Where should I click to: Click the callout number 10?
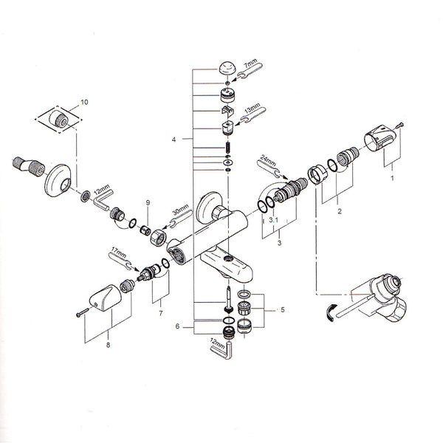pyautogui.click(x=84, y=102)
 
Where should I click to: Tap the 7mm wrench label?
pyautogui.click(x=250, y=63)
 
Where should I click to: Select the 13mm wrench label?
pyautogui.click(x=253, y=109)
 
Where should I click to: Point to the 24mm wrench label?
pyautogui.click(x=267, y=160)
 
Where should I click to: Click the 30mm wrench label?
pyautogui.click(x=180, y=210)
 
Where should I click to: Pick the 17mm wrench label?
pyautogui.click(x=119, y=252)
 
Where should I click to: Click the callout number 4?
pyautogui.click(x=174, y=140)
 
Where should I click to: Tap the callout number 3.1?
pyautogui.click(x=273, y=220)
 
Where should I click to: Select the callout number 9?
pyautogui.click(x=148, y=202)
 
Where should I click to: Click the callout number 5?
pyautogui.click(x=283, y=310)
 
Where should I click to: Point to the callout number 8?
pyautogui.click(x=108, y=345)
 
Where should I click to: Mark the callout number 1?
pyautogui.click(x=392, y=178)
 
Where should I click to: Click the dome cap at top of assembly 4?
pyautogui.click(x=227, y=69)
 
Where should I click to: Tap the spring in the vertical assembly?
pyautogui.click(x=228, y=147)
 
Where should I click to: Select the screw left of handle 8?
pyautogui.click(x=82, y=312)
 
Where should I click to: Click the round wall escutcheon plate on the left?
pyautogui.click(x=58, y=180)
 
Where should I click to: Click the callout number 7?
pyautogui.click(x=161, y=313)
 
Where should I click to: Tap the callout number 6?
pyautogui.click(x=177, y=326)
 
